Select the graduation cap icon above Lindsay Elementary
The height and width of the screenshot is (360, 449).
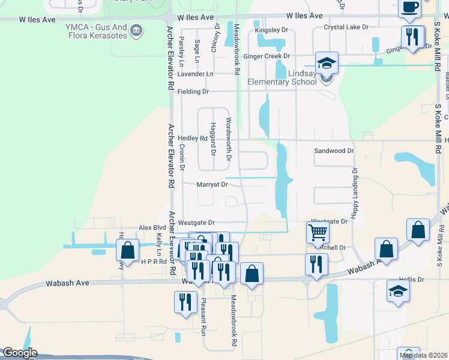tap(327, 63)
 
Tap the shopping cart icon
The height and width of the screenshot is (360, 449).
tap(318, 232)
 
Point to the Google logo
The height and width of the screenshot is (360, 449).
tap(20, 353)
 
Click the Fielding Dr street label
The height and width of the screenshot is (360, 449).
tap(193, 92)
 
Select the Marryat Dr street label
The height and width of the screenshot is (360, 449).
tap(212, 185)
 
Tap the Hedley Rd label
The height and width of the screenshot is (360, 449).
tap(193, 138)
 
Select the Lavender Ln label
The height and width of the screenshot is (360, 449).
tap(195, 74)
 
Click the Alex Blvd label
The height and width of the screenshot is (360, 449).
tap(152, 228)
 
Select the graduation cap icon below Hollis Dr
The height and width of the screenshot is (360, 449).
tap(397, 292)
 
